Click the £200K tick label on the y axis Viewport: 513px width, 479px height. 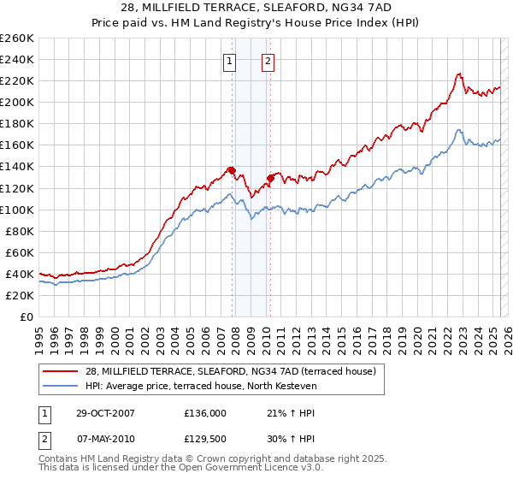point(17,102)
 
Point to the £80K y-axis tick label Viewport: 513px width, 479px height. point(20,231)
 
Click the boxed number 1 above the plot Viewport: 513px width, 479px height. point(231,61)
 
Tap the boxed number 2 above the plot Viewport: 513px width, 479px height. point(268,61)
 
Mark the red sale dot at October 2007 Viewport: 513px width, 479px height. point(232,170)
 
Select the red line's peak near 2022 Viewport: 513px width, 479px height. point(459,74)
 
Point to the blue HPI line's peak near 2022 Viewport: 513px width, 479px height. point(459,130)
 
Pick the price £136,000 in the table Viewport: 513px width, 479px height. point(205,412)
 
